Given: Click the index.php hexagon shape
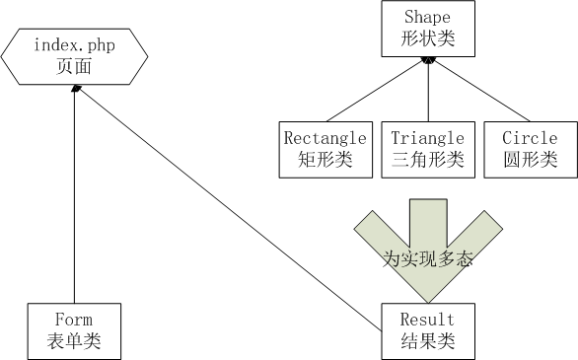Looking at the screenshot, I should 74,56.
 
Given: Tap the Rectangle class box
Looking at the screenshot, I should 325,149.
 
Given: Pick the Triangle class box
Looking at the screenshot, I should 428,149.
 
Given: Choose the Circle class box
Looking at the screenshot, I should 530,149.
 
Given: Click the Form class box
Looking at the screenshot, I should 75,330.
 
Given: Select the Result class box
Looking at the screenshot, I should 427,330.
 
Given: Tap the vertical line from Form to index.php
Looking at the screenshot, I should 75,197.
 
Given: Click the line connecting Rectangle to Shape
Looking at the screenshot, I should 375,91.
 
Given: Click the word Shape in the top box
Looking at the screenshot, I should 427,18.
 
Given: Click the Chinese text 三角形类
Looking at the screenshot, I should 428,159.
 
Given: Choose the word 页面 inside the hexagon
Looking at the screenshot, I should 74,67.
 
